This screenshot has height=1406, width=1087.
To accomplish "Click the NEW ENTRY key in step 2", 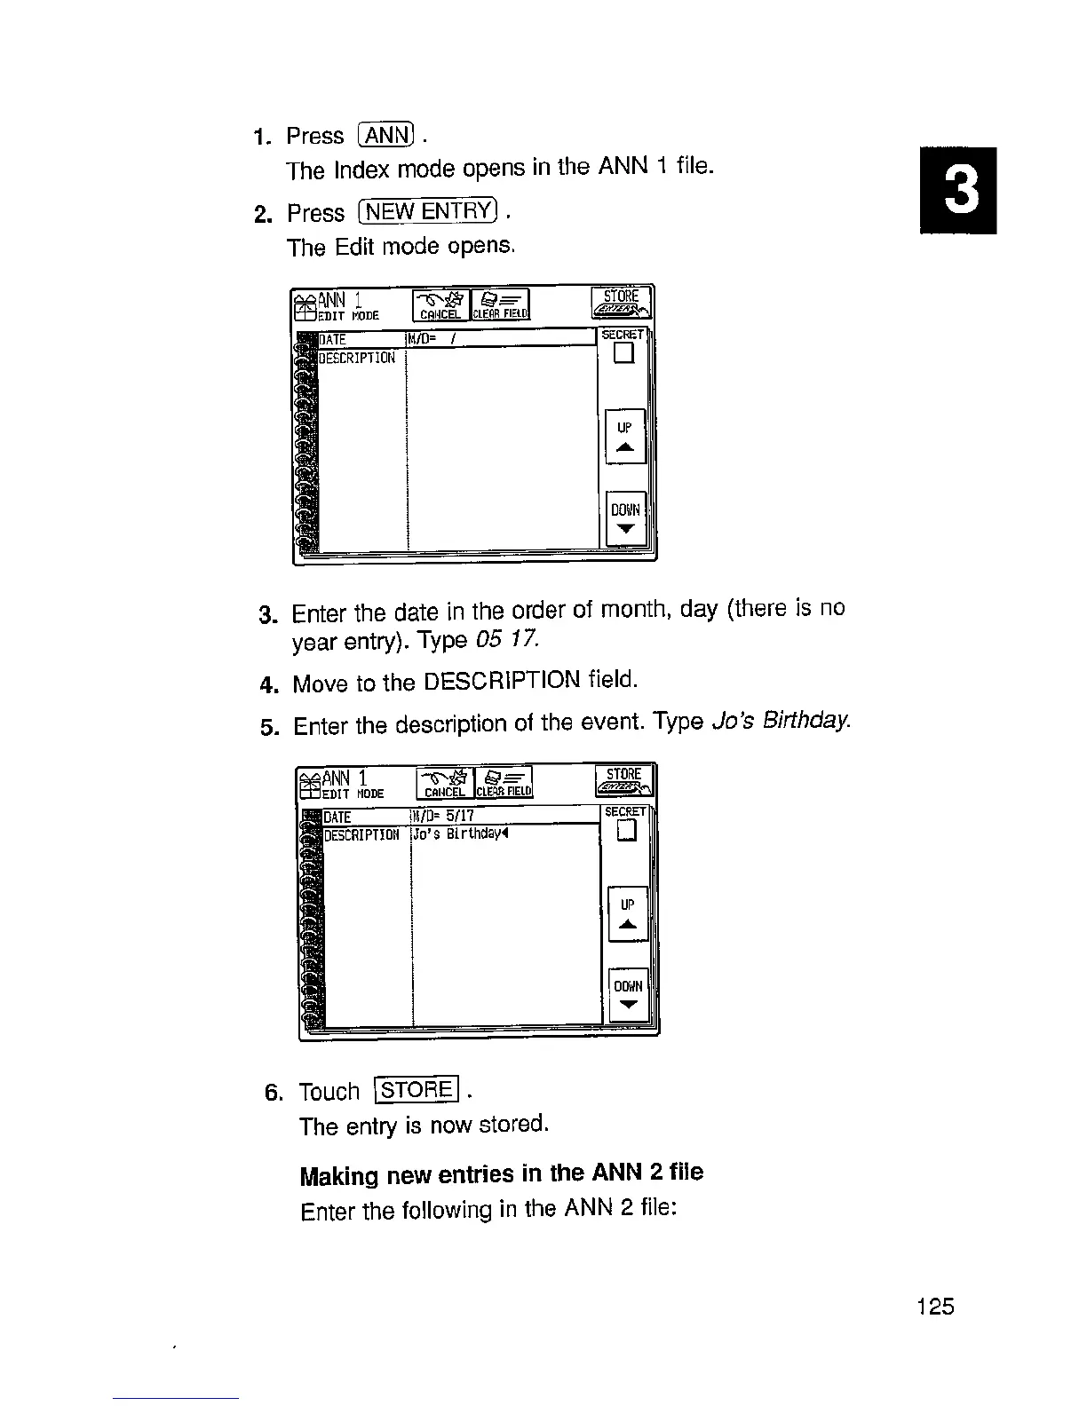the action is (428, 212).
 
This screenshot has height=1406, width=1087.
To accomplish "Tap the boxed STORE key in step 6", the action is (417, 1089).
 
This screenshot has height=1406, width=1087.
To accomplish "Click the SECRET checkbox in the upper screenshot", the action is (624, 354).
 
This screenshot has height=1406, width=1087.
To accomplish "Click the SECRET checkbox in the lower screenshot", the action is (628, 831).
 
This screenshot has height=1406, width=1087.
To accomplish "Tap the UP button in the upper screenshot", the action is (624, 437).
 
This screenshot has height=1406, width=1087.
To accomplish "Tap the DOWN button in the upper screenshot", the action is (625, 518).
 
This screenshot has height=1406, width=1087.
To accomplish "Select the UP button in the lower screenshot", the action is (628, 914).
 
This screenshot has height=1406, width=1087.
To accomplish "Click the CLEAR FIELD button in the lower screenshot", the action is (504, 782).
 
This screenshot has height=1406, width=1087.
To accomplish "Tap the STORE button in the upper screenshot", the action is (622, 302).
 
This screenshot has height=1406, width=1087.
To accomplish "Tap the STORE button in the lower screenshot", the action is (625, 779).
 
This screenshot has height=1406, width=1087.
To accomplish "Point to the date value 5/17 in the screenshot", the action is (461, 816).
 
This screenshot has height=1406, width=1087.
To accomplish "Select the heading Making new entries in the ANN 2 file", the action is (502, 1174).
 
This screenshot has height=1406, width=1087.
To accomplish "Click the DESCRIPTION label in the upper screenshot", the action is (356, 358).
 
